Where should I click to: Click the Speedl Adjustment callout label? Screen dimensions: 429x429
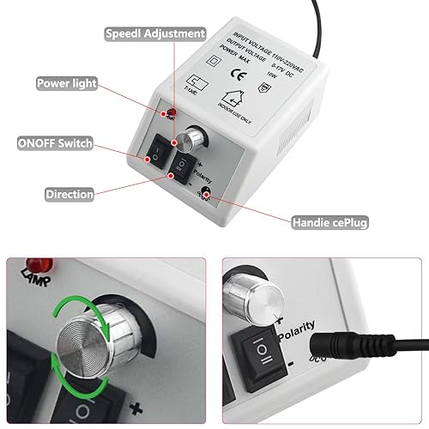click(154, 34)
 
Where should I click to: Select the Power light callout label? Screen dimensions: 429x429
click(65, 84)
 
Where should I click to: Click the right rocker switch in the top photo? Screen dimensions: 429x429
click(182, 163)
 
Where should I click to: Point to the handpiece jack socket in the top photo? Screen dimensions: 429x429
click(204, 196)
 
